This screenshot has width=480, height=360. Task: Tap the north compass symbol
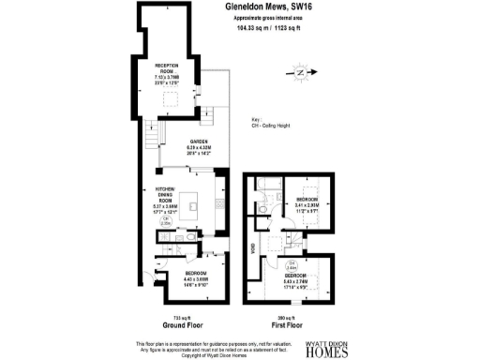pyautogui.click(x=299, y=71)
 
